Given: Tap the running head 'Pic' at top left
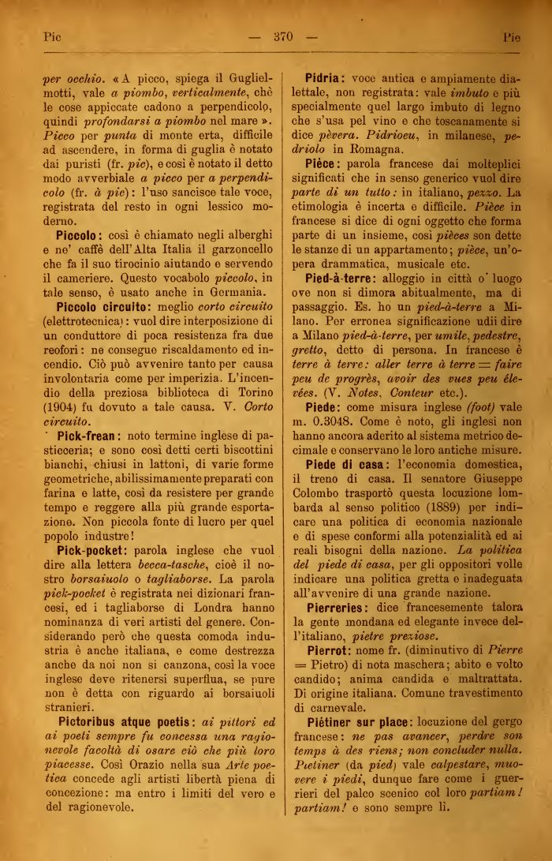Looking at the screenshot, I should pos(51,36).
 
